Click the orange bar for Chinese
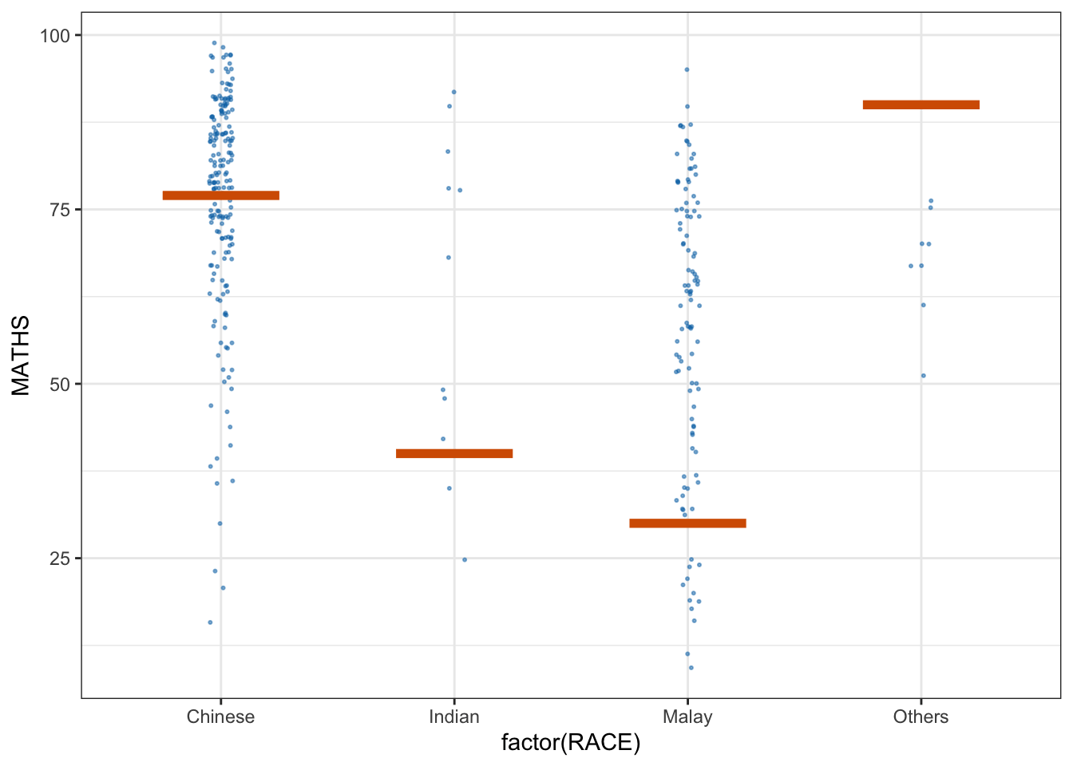220,195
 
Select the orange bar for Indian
453,453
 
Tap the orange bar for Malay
687,523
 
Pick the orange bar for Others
921,105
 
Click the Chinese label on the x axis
220,717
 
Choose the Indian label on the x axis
453,717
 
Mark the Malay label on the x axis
687,717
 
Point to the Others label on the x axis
921,717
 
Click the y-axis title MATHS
21,355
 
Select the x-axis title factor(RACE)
571,744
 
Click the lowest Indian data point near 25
465,559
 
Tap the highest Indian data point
454,92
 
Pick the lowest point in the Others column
924,376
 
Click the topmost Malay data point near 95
687,69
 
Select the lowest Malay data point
691,668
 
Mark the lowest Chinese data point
210,622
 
